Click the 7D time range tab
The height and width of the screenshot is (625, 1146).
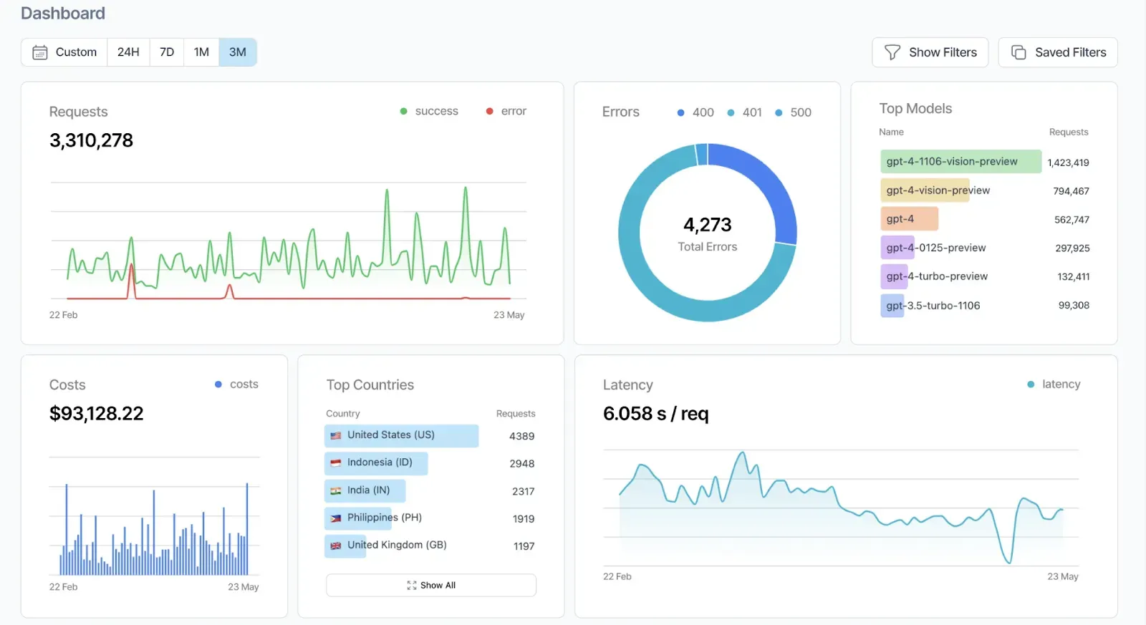(167, 52)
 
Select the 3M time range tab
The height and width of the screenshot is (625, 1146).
(237, 52)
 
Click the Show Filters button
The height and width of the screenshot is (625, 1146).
(930, 52)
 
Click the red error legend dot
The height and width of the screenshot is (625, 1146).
(489, 111)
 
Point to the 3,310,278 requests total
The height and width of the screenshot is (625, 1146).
(91, 140)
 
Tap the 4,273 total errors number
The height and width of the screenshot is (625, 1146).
(707, 225)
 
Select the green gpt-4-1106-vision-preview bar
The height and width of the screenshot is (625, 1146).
(960, 162)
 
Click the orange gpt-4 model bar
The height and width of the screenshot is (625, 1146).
(908, 219)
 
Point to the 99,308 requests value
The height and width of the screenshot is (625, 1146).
(1074, 306)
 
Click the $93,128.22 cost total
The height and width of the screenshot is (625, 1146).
(96, 414)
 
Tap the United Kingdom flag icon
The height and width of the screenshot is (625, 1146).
(335, 546)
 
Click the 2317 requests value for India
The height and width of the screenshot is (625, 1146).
(523, 491)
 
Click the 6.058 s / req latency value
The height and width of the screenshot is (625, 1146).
(655, 414)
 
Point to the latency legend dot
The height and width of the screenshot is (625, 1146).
(1031, 384)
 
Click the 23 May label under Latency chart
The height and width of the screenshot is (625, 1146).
(1062, 576)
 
